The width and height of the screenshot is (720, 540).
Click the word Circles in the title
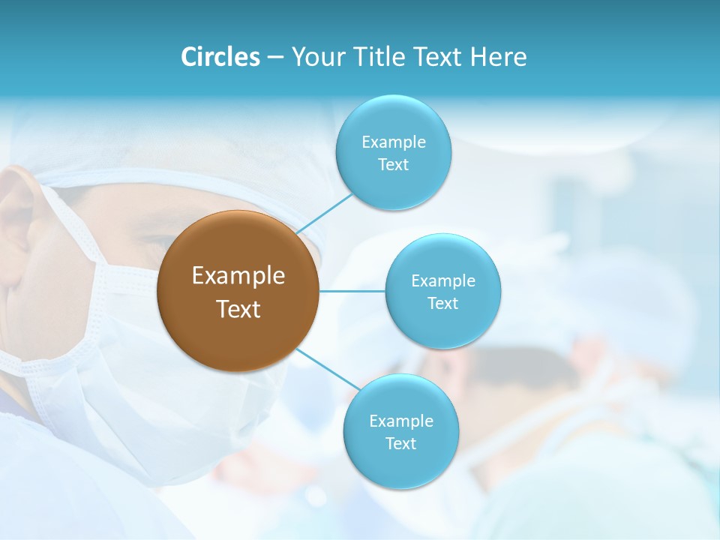(x=220, y=57)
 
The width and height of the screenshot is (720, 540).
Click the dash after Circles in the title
(x=275, y=58)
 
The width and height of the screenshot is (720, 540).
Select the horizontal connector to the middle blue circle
(x=352, y=291)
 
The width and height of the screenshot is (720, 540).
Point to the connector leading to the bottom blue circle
(x=327, y=369)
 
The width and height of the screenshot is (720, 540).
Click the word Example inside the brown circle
(x=238, y=276)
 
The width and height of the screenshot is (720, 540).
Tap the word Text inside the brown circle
(x=238, y=309)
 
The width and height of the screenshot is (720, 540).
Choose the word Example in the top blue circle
(x=393, y=142)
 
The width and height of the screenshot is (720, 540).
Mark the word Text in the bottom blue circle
(x=400, y=443)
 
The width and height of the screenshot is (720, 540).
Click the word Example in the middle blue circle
(x=442, y=281)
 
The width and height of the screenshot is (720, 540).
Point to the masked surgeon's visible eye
(x=161, y=242)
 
